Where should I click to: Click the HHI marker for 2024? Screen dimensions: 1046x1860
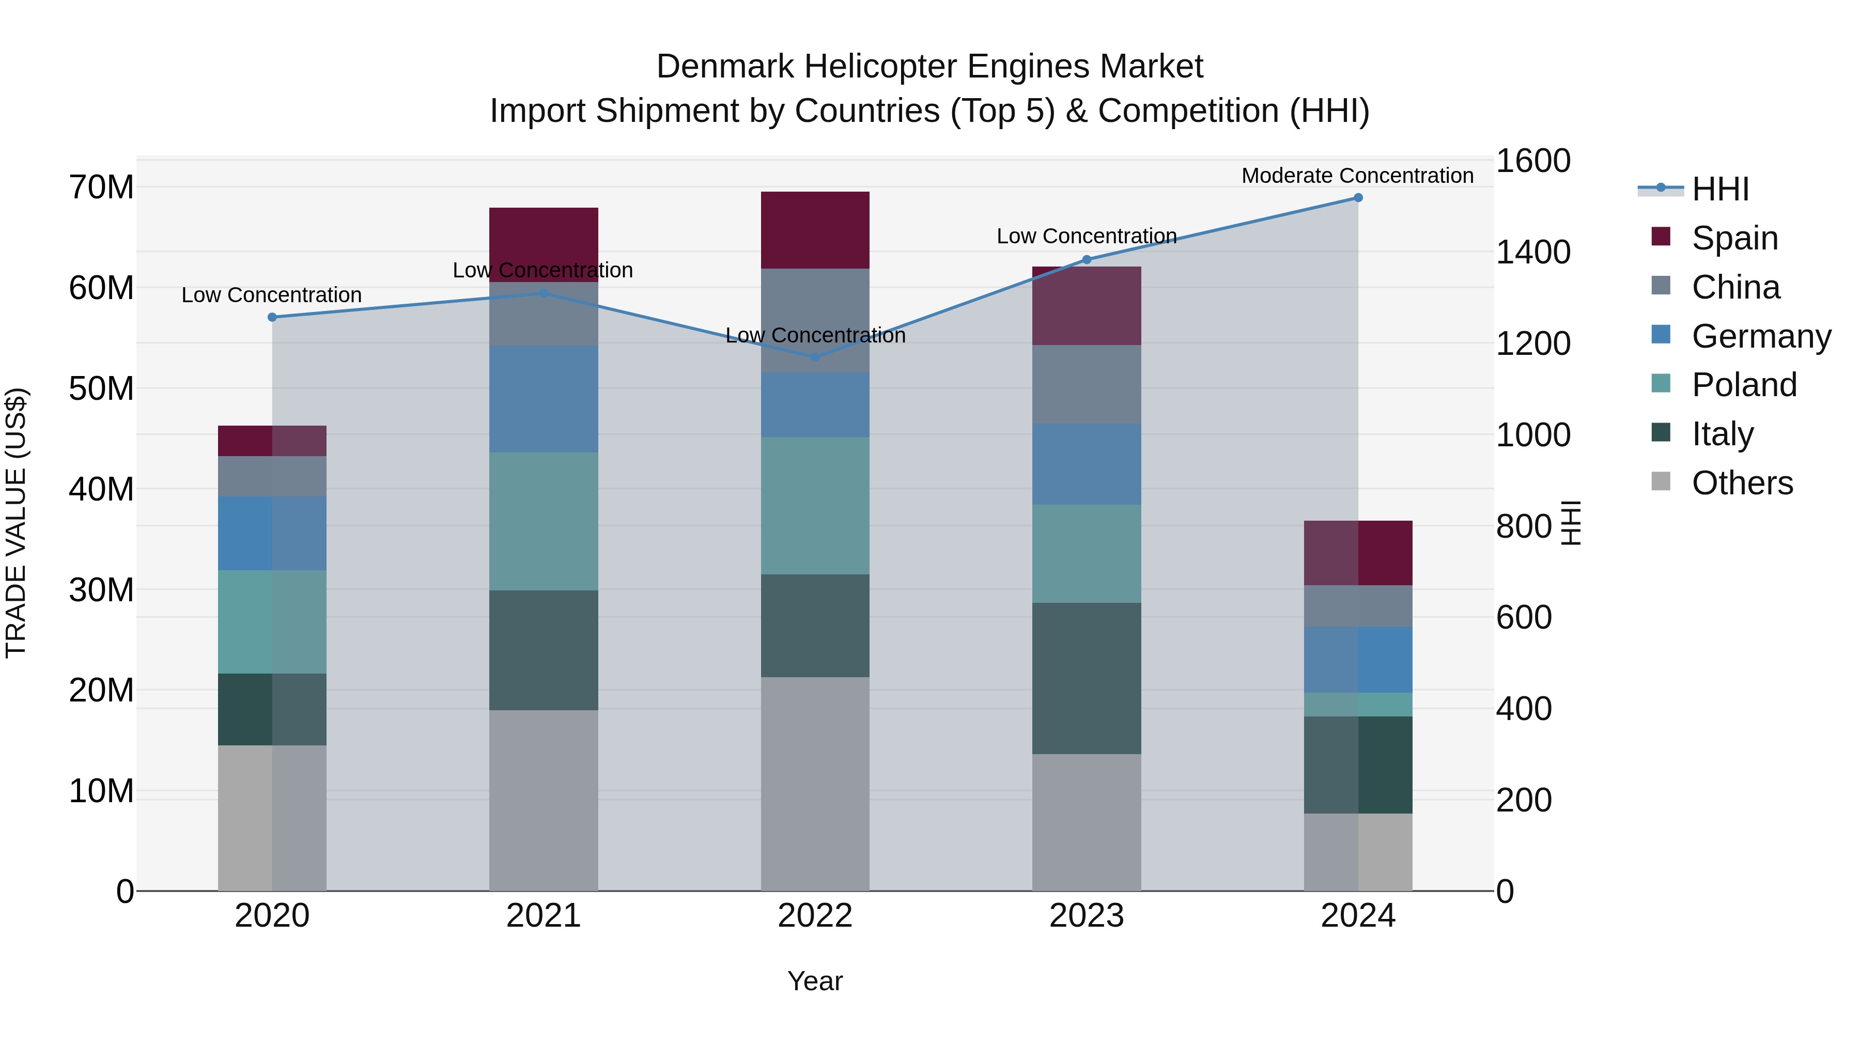click(1357, 198)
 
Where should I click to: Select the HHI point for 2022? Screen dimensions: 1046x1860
click(815, 357)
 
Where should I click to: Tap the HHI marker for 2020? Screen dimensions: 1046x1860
click(272, 317)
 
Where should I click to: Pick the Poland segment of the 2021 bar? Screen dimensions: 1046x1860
click(544, 521)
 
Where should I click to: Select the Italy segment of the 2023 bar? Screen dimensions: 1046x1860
click(1087, 679)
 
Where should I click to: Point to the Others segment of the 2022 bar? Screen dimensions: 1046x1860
click(815, 783)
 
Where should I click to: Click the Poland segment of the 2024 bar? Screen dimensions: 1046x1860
click(1357, 705)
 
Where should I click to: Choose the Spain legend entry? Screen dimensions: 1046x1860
click(1734, 238)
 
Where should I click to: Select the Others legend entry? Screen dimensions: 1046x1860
click(1742, 483)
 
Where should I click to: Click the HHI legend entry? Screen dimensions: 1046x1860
click(1720, 189)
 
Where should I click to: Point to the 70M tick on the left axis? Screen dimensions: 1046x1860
click(101, 188)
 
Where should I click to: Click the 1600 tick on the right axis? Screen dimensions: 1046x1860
click(1532, 161)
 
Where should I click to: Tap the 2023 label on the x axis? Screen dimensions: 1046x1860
click(1087, 916)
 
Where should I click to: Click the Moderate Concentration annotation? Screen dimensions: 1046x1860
click(1357, 176)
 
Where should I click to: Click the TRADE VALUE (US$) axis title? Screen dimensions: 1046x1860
click(16, 523)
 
